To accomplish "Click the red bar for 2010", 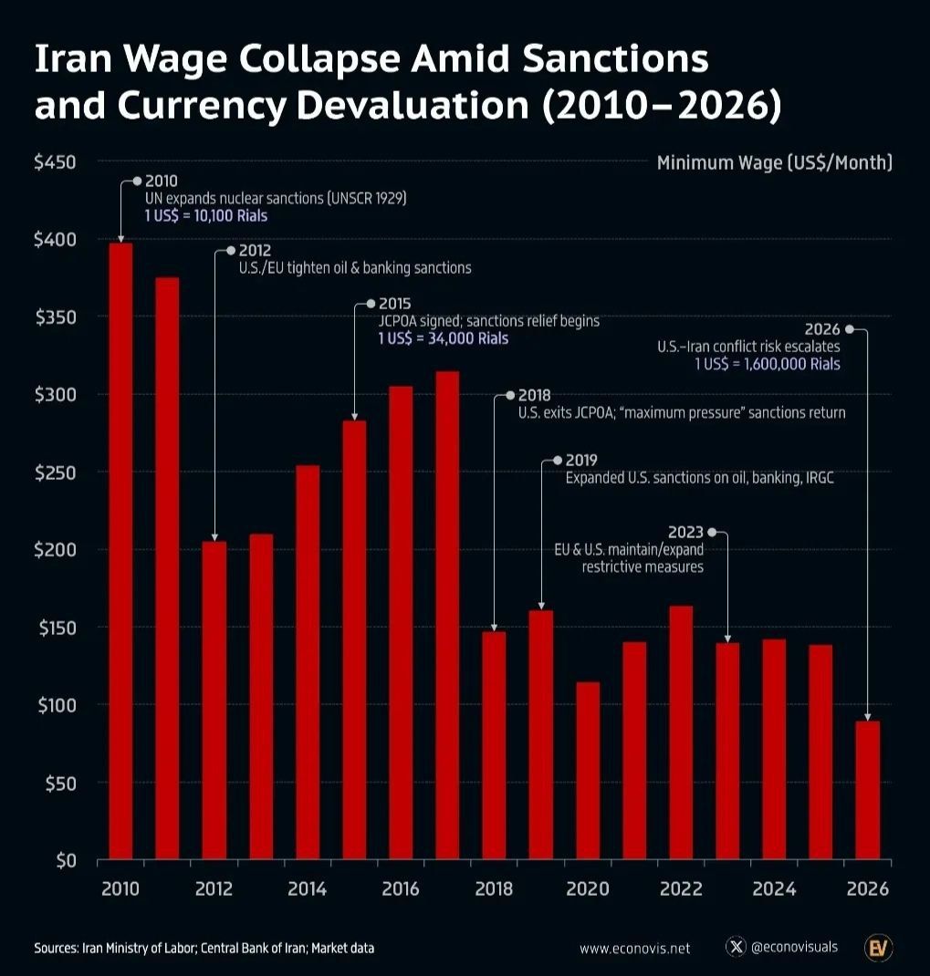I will coord(120,551).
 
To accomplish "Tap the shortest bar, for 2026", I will coord(868,790).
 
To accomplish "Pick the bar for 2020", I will coord(588,771).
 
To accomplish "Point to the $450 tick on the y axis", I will coord(54,162).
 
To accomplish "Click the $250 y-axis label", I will coord(54,472).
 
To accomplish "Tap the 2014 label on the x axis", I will coord(308,889).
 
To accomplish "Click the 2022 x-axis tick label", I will coord(681,889).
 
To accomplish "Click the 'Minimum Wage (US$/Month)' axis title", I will coord(774,163).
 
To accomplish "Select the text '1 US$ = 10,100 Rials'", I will coord(206,216).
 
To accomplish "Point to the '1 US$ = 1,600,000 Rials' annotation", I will coord(767,364).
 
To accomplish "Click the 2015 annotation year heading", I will coord(395,304).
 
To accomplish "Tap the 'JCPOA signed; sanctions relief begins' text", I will coord(489,321).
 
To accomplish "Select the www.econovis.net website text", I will coord(634,949).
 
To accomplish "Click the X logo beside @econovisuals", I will coord(736,948).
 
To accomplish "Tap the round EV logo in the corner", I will coord(878,948).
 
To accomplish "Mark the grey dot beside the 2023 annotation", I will coord(712,532).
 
